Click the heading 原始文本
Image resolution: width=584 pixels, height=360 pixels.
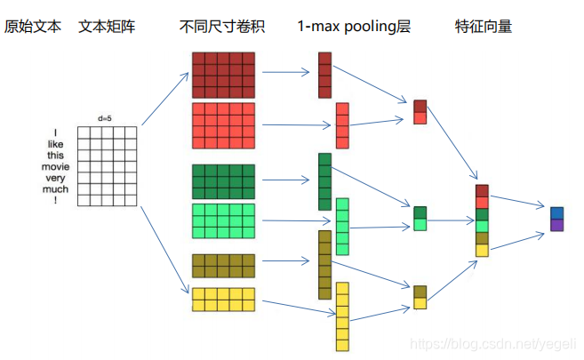click(33, 27)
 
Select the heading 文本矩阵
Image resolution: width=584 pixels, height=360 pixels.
click(107, 27)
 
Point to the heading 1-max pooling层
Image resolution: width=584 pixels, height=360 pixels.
click(354, 27)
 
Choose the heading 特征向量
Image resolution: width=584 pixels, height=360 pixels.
click(483, 27)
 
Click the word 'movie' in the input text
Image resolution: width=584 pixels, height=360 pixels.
click(54, 166)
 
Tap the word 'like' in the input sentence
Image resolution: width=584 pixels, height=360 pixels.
click(54, 144)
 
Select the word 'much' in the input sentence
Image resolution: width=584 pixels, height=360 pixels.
click(54, 188)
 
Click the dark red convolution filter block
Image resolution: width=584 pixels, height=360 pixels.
click(223, 75)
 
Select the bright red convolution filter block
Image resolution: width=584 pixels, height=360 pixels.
click(223, 126)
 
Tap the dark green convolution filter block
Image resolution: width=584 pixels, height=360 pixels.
click(223, 181)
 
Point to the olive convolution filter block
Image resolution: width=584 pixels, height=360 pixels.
click(223, 266)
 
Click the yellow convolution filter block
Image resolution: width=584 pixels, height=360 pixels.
click(223, 300)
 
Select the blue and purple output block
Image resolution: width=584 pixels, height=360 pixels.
click(556, 219)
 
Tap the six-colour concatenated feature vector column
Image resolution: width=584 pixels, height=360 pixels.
click(482, 220)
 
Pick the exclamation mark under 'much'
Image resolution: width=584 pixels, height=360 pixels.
click(54, 200)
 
